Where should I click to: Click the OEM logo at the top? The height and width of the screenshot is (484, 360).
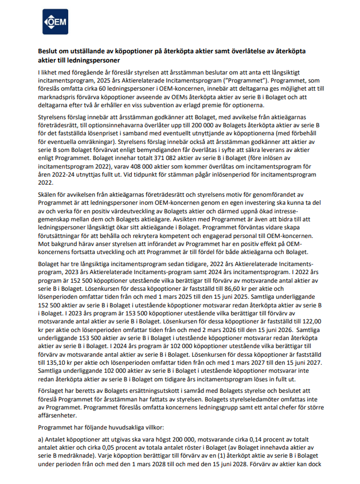(54, 22)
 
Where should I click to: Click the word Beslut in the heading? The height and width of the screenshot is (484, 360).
(49, 51)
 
